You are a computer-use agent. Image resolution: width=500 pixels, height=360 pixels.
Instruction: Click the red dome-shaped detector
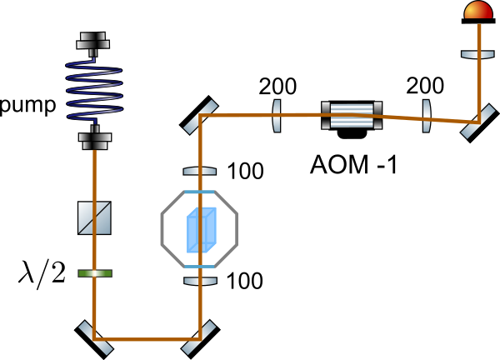tap(478, 11)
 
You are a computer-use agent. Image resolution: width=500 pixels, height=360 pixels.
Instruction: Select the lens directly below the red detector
tap(477, 54)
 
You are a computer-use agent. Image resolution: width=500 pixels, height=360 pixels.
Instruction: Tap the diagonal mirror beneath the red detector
tap(477, 122)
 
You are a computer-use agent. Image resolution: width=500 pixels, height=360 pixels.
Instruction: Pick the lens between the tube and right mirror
tap(427, 116)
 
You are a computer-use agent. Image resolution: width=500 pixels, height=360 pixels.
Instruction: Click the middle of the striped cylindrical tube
tap(352, 115)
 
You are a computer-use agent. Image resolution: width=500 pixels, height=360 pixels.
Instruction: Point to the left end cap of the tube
tap(326, 115)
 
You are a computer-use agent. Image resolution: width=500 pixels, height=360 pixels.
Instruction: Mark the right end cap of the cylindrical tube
tap(377, 115)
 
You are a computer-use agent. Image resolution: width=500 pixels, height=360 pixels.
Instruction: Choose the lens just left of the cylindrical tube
tap(277, 116)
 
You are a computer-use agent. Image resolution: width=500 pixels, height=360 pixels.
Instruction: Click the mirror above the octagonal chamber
tap(200, 117)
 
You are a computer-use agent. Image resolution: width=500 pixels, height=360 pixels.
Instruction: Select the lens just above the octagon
tap(200, 171)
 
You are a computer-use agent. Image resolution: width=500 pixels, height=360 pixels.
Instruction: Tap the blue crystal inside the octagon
tap(202, 229)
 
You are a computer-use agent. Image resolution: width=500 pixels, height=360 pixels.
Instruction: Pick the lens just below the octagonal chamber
tap(200, 281)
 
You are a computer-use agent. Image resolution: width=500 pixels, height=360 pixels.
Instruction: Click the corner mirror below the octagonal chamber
tap(199, 337)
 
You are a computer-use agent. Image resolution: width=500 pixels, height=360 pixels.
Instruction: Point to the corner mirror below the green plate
tap(95, 337)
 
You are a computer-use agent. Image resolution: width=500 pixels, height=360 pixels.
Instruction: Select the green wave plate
tap(95, 272)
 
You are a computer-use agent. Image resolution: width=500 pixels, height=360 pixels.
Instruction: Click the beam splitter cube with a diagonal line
tap(94, 217)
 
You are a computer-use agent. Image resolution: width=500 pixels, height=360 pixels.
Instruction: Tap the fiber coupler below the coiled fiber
tap(95, 137)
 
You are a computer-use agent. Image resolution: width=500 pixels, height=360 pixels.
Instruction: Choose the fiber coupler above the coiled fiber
tap(93, 42)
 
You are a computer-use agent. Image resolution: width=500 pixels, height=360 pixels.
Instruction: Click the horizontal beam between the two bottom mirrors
tap(147, 339)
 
